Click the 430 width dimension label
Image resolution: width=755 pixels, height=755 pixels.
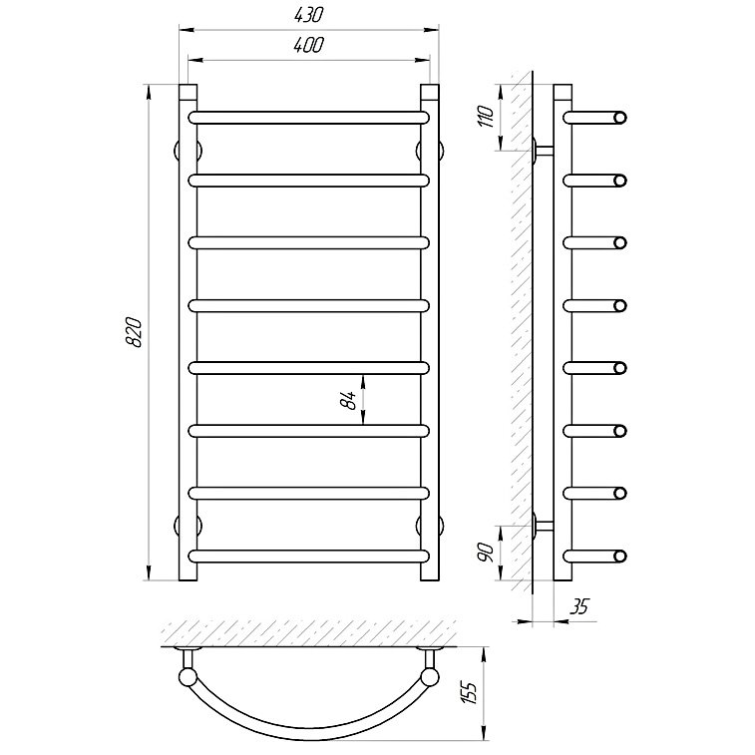click(x=308, y=15)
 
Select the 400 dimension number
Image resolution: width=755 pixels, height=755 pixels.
click(x=308, y=45)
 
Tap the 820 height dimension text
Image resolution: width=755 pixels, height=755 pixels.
click(x=134, y=332)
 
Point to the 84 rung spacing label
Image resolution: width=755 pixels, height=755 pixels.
click(x=349, y=400)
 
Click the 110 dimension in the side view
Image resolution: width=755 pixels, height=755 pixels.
click(x=487, y=117)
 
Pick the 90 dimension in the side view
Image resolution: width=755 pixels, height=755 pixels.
click(x=487, y=553)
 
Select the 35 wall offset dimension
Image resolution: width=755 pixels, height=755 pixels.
click(x=579, y=606)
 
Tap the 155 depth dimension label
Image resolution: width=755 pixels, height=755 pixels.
click(x=470, y=693)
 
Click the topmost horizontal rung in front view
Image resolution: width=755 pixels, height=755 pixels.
click(x=308, y=118)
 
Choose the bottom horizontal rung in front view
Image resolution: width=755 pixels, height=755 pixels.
click(x=308, y=557)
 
